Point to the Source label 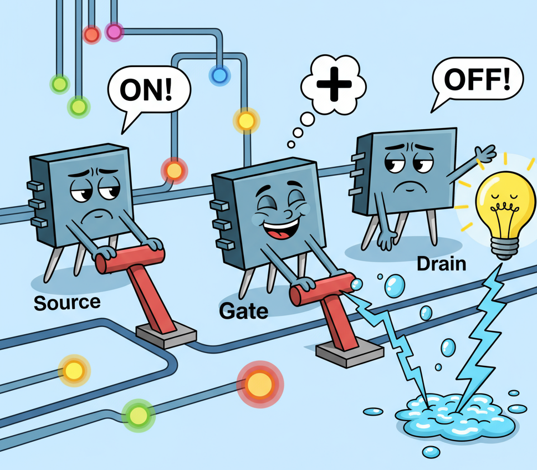point(67,302)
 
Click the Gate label point(244,310)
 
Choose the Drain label point(441,263)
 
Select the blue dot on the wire point(218,73)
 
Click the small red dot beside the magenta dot point(91,34)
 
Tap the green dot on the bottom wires point(137,414)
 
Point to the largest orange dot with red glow point(259,382)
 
